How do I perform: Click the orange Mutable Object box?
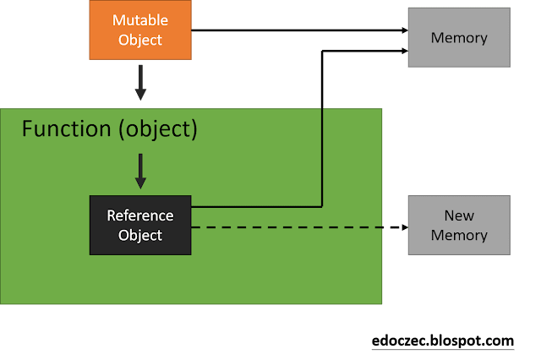(x=140, y=30)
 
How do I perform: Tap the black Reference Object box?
(x=140, y=225)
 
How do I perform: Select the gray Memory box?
(x=459, y=37)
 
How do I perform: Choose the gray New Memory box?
(x=459, y=225)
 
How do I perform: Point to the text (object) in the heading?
(x=157, y=129)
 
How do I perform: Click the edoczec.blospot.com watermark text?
(x=443, y=341)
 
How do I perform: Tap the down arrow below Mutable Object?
(x=140, y=83)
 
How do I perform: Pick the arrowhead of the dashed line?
(x=401, y=227)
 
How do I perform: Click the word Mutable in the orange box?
(x=140, y=20)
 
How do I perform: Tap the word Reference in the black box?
(x=140, y=215)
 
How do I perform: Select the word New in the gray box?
(x=459, y=216)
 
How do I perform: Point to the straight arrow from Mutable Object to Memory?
(x=296, y=31)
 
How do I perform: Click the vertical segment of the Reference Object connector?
(x=322, y=127)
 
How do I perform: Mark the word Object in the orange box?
(x=140, y=39)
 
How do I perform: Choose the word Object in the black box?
(x=140, y=234)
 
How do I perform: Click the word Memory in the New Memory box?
(x=459, y=235)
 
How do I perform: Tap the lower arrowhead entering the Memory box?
(x=402, y=51)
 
